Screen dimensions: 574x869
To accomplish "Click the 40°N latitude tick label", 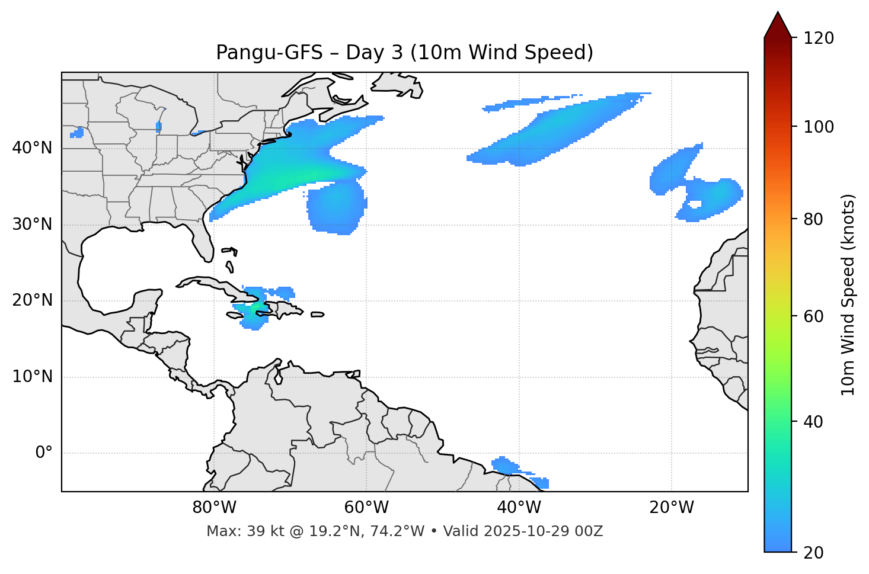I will point(32,148).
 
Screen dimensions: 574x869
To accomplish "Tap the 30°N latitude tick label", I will point(32,225).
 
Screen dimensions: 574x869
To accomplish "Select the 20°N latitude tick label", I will point(32,300).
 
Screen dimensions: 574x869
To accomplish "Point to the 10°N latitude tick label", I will point(32,377).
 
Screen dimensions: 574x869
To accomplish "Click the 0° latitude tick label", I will point(43,453).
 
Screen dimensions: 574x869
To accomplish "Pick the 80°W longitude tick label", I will point(214,508).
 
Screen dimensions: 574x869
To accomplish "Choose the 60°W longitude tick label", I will point(366,508).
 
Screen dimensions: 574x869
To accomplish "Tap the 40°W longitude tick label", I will point(519,508).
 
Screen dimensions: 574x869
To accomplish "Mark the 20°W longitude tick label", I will point(671,508).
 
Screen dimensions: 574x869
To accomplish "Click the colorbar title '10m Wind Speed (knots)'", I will point(848,294).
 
